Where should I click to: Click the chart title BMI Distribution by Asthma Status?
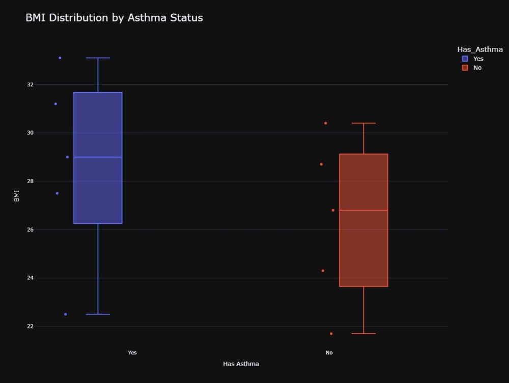(x=114, y=17)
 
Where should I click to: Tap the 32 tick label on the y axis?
(x=30, y=85)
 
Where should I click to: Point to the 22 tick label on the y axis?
(x=30, y=326)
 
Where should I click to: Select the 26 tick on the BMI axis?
(x=30, y=229)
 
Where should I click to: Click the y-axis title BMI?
(x=17, y=196)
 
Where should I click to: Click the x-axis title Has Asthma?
(x=241, y=364)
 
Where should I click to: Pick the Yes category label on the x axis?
(x=132, y=352)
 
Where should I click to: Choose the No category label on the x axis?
(x=329, y=352)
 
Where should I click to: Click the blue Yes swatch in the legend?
(x=465, y=59)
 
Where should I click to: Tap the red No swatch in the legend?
(x=465, y=68)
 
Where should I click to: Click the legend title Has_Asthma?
(x=480, y=49)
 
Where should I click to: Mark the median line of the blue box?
(x=98, y=157)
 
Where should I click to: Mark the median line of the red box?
(x=363, y=210)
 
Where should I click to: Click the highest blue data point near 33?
(x=60, y=58)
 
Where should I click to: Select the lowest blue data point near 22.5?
(x=66, y=314)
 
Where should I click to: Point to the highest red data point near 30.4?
(x=326, y=123)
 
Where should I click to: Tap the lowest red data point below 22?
(x=331, y=334)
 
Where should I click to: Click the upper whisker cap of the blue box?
(x=98, y=58)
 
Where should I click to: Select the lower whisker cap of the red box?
(x=363, y=334)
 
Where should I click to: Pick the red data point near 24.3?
(x=323, y=271)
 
